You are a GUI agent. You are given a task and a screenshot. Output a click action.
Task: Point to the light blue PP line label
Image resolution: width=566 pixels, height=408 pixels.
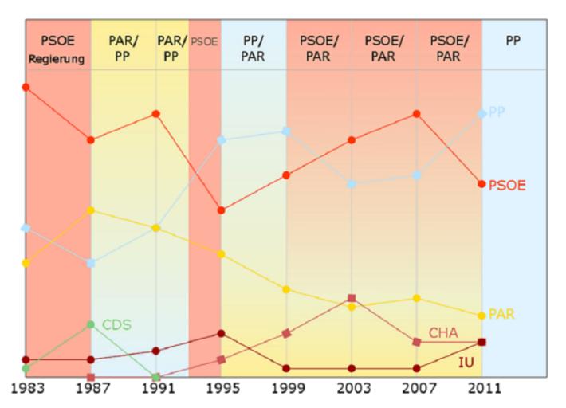pos(497,112)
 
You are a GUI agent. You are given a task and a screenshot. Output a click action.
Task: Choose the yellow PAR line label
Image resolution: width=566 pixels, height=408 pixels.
pos(501,314)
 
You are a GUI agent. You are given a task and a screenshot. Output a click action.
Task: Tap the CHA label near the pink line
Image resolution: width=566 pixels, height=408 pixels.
pos(443,332)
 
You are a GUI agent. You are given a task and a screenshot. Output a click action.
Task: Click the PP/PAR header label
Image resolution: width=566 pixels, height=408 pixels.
pos(254,49)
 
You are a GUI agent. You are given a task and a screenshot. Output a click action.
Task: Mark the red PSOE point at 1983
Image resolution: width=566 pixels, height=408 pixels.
pos(26,87)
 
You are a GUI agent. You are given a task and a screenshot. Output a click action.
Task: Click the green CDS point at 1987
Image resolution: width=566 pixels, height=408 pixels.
pos(91,324)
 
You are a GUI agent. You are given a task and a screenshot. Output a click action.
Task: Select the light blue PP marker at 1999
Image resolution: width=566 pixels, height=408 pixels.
pos(286,131)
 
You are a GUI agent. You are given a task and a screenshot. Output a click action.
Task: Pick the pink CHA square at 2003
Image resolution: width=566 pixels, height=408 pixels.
pos(352,298)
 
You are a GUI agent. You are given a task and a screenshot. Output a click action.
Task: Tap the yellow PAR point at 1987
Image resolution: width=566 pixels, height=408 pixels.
pos(91,210)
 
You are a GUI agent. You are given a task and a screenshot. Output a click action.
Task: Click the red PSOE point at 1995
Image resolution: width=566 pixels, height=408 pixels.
pos(221,210)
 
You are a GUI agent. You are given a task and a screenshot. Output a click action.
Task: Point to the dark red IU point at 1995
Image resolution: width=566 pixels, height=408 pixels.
pos(221,333)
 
